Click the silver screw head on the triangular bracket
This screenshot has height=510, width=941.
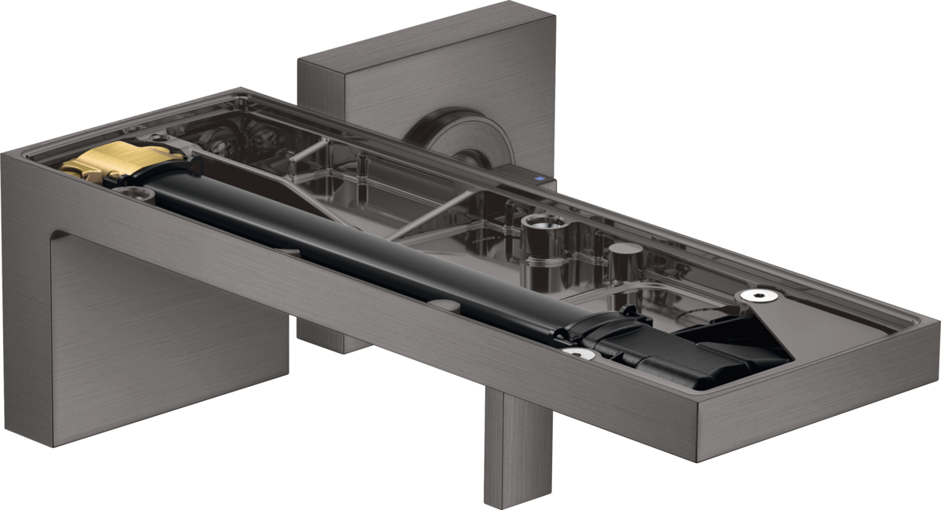pos(758,295)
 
